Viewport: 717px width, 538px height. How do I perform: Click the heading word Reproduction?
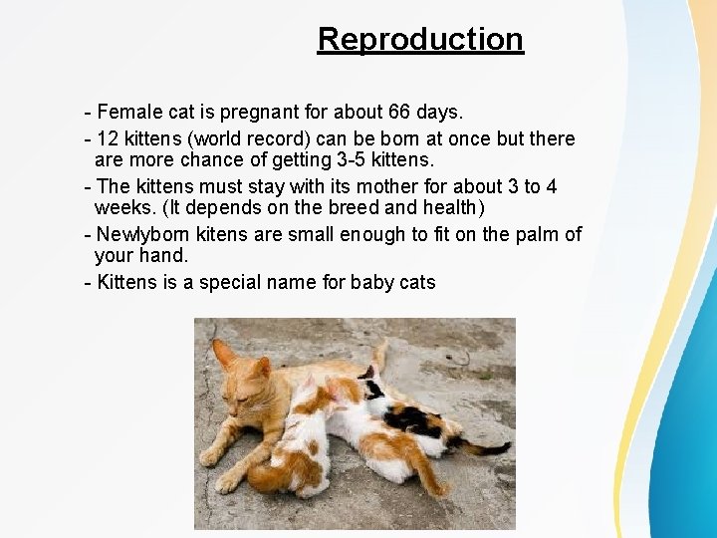tap(420, 39)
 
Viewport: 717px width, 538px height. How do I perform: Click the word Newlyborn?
tap(139, 234)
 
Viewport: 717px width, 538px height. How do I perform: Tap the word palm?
tap(532, 234)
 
